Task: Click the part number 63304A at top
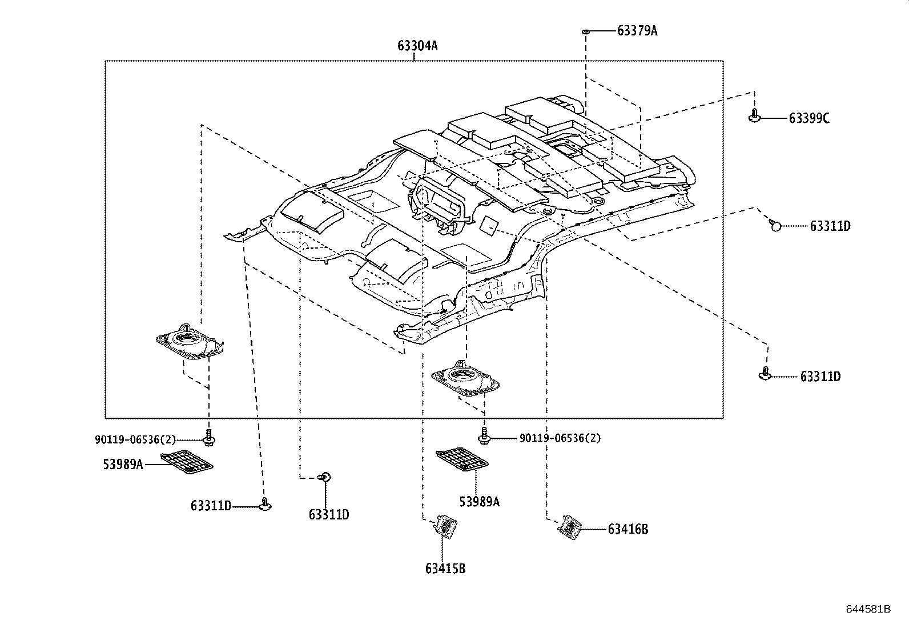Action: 417,46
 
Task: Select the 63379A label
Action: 637,31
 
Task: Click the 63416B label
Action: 628,529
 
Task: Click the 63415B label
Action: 445,569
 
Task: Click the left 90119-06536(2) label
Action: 135,439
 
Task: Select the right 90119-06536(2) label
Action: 560,438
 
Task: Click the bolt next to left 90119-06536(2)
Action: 209,438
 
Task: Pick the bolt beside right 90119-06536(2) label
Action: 484,437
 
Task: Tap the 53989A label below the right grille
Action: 479,501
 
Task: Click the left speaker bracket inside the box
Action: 190,343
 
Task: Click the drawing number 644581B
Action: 867,609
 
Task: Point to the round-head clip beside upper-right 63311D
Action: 775,226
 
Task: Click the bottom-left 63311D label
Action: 211,506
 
